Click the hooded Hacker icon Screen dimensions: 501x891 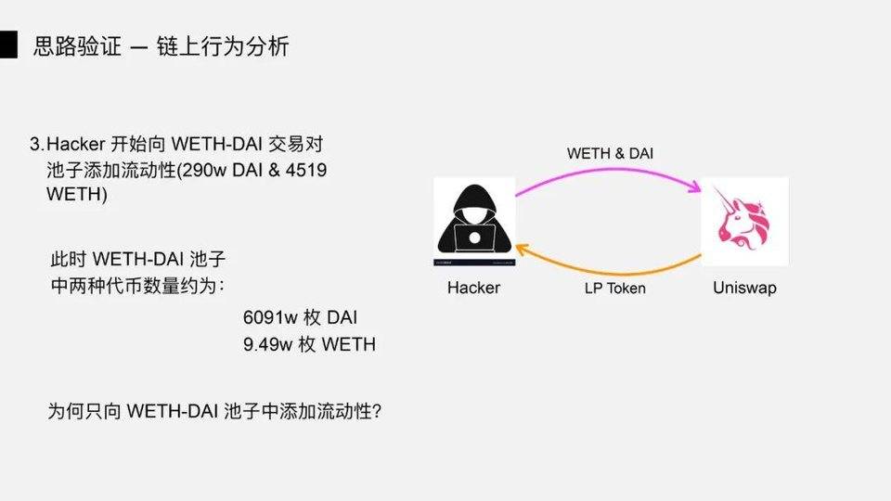point(474,222)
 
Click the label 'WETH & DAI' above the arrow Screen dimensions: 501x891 point(610,153)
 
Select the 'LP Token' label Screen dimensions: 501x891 point(614,288)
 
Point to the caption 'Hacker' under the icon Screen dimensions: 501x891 point(473,288)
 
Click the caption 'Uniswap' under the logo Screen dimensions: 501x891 point(744,288)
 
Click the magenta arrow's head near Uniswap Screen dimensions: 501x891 point(694,189)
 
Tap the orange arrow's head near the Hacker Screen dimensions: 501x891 point(523,249)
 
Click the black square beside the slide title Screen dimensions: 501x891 point(9,45)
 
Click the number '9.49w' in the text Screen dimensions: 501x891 point(265,344)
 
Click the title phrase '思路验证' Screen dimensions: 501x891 point(76,45)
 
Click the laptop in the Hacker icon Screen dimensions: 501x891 point(475,238)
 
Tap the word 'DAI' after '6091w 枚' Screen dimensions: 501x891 point(342,317)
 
